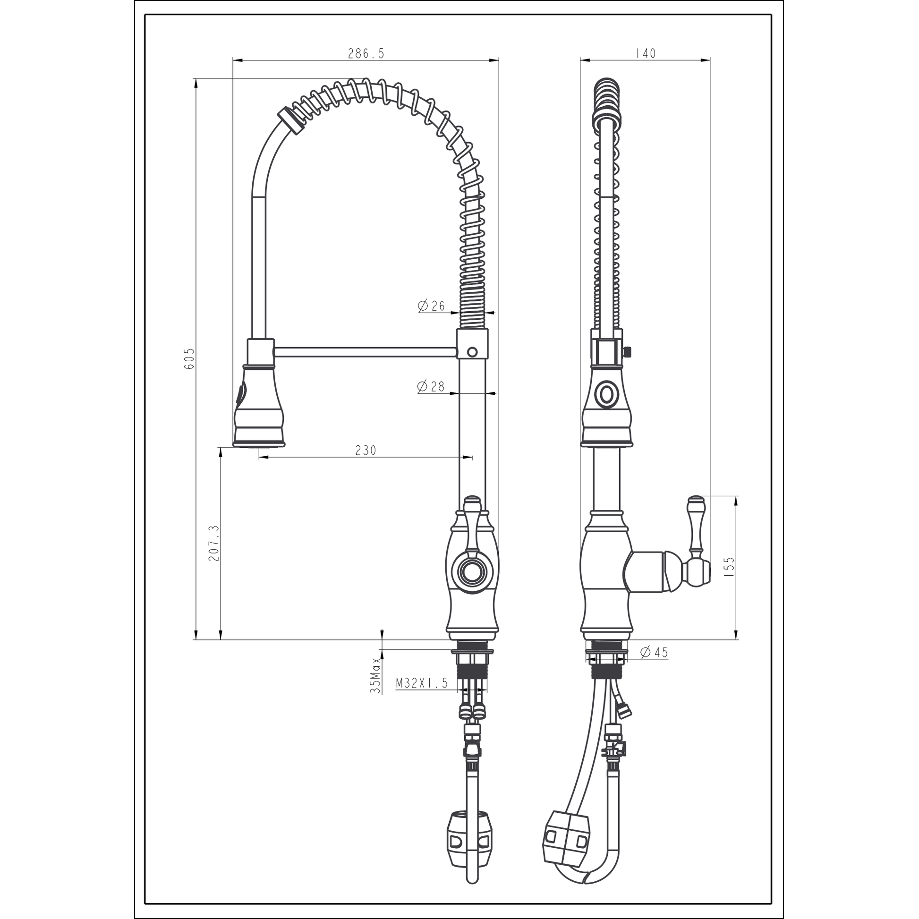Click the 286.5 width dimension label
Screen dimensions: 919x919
(366, 53)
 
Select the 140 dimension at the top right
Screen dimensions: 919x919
(645, 53)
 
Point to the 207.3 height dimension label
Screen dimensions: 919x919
(213, 543)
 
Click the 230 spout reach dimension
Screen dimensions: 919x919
(366, 450)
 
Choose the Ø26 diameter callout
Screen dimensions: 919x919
(431, 306)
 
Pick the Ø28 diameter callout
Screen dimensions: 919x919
(431, 387)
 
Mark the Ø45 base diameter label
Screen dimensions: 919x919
(654, 653)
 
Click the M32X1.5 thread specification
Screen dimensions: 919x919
(422, 683)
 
